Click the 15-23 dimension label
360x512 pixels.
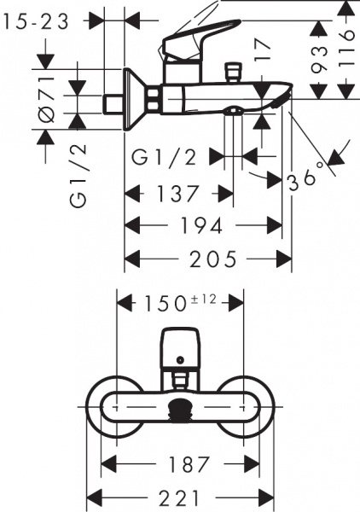36,21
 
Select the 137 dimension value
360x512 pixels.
178,194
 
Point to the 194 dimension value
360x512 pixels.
202,225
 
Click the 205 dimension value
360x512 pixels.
213,259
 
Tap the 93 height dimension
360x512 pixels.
318,59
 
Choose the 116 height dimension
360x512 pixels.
346,49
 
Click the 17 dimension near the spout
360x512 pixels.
263,49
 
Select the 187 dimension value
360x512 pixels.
189,464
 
